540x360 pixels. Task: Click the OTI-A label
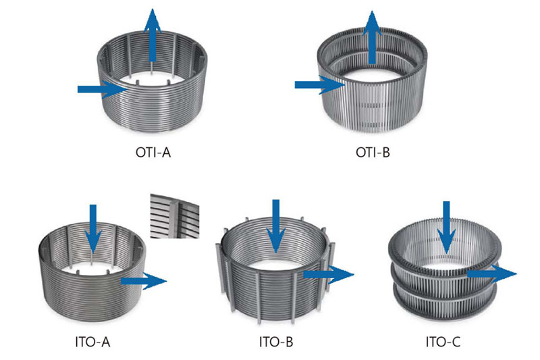point(153,152)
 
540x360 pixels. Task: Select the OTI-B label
point(373,152)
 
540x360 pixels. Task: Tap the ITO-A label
point(92,342)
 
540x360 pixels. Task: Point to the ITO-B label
point(276,342)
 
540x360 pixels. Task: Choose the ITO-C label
point(443,342)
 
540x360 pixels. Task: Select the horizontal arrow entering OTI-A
point(103,90)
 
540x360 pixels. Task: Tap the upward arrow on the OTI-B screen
point(372,37)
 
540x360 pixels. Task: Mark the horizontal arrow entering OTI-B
point(320,84)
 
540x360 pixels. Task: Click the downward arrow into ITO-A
point(93,230)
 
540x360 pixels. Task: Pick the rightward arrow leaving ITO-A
point(144,281)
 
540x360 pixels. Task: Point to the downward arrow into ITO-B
point(276,226)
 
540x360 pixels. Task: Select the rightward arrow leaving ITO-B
point(329,274)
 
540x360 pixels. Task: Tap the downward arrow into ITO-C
point(446,228)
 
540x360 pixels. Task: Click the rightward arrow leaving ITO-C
point(492,274)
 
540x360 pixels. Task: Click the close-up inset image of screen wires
point(175,216)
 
